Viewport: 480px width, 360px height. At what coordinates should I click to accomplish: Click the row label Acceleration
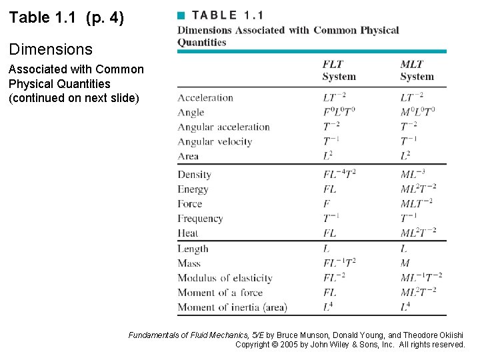205,98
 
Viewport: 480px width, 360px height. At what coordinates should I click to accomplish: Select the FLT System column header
339,71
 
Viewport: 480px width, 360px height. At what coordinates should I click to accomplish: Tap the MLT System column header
417,71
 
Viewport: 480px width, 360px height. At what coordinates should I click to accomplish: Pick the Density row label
194,175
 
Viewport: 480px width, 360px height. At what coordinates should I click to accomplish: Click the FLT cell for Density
339,175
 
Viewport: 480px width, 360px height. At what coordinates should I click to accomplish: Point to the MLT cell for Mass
405,263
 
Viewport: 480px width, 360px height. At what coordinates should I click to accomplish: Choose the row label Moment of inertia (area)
232,307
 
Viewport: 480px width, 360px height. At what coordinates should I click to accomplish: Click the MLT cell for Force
416,204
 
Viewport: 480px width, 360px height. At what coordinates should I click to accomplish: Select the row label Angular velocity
215,142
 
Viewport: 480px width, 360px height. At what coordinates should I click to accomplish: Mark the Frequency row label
200,219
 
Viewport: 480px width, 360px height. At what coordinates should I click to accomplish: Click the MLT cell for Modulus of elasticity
421,278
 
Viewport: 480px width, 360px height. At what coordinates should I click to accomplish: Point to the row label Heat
188,233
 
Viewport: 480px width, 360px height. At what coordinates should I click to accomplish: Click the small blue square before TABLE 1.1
180,15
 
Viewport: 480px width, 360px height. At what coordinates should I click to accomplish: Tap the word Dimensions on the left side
51,49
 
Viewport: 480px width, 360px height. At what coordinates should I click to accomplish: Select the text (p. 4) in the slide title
105,18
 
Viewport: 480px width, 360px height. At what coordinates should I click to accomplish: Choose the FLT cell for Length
327,249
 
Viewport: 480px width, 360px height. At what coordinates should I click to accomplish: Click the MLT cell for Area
405,157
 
